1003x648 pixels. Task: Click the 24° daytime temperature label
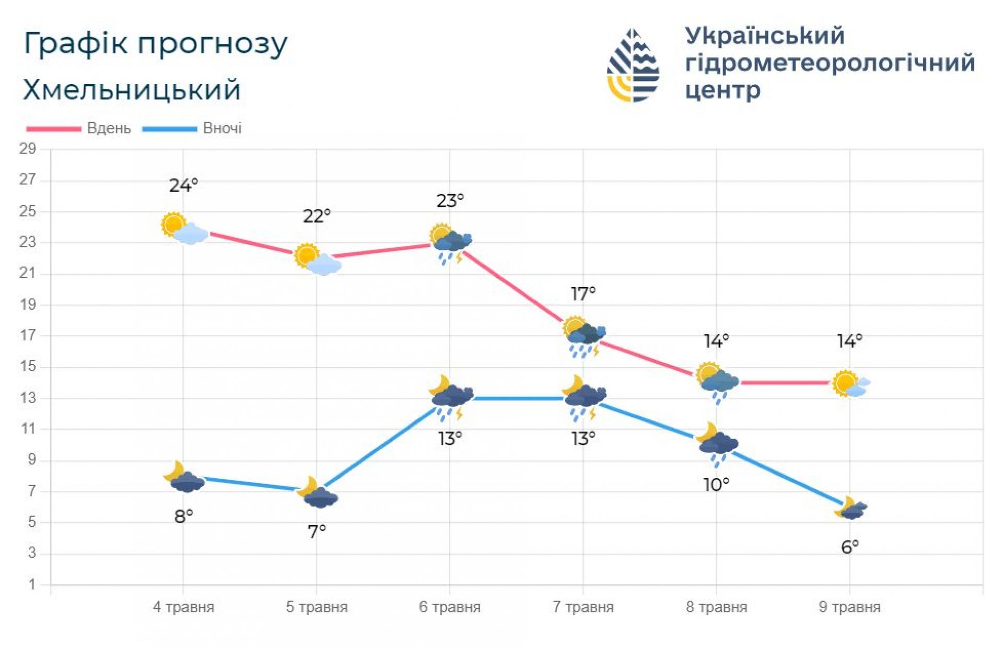click(x=183, y=185)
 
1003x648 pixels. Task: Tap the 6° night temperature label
click(x=849, y=547)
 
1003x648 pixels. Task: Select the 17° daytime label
click(x=583, y=294)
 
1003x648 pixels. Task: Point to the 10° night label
click(x=716, y=485)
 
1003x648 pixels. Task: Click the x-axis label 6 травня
click(x=449, y=607)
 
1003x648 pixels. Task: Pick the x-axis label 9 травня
click(x=849, y=607)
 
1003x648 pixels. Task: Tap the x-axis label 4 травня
click(x=183, y=607)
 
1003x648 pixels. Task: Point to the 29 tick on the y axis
click(x=28, y=149)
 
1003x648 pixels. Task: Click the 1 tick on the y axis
click(x=32, y=584)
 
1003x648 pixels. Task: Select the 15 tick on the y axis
click(x=28, y=367)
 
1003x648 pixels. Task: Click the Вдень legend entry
click(x=109, y=128)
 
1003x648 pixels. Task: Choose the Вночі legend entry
click(x=222, y=128)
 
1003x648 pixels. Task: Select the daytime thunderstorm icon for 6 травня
click(x=451, y=243)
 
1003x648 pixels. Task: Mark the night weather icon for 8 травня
click(x=717, y=443)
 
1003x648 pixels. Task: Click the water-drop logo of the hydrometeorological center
click(x=633, y=65)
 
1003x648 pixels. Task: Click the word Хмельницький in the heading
click(x=132, y=90)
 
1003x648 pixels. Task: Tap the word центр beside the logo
click(x=722, y=90)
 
